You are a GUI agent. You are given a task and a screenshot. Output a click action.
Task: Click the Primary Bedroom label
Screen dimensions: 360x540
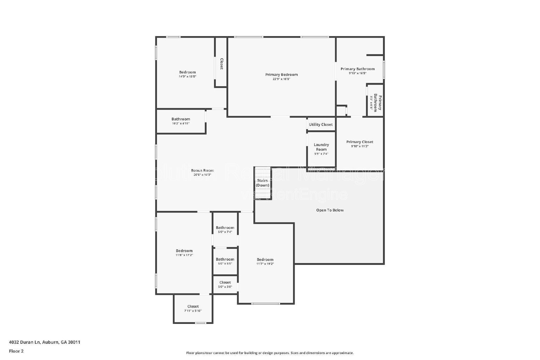(x=281, y=75)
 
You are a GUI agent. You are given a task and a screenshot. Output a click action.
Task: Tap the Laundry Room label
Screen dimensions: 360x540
(x=321, y=147)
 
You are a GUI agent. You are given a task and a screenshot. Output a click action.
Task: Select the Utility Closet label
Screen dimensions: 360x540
(x=321, y=124)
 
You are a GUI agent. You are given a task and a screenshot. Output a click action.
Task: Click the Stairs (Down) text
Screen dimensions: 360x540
(x=262, y=183)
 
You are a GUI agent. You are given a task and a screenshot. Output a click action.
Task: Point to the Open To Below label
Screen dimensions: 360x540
(x=330, y=210)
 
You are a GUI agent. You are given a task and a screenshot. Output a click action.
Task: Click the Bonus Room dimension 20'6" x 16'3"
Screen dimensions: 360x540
(x=202, y=175)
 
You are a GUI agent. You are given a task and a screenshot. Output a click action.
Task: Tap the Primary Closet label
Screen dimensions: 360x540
(x=359, y=142)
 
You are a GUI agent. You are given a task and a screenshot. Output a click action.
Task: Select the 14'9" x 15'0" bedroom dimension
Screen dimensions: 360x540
(x=187, y=77)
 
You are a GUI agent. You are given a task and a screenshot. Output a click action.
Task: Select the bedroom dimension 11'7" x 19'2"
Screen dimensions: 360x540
(x=265, y=264)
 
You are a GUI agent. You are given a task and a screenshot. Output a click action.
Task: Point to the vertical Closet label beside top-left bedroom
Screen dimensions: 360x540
(x=221, y=64)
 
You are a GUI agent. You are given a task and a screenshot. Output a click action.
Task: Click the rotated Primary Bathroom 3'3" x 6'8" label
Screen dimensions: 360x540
(x=375, y=103)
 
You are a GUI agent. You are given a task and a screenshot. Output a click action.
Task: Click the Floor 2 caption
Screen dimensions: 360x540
(x=16, y=351)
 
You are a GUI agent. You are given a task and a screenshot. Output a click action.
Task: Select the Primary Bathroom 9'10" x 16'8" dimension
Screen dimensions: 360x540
(x=357, y=73)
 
